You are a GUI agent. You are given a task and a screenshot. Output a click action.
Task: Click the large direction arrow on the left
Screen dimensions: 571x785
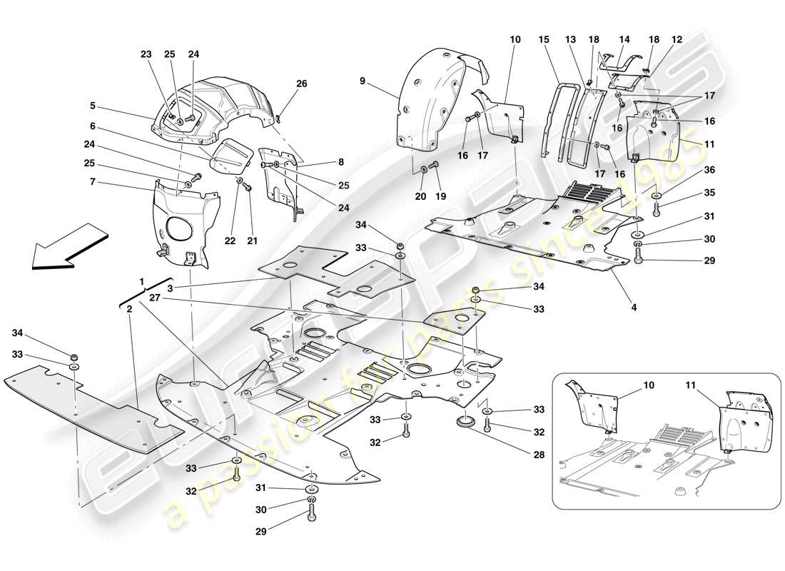[68, 246]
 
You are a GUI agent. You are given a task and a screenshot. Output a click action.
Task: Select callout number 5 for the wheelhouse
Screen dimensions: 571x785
[92, 106]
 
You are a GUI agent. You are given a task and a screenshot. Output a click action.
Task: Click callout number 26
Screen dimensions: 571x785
[302, 84]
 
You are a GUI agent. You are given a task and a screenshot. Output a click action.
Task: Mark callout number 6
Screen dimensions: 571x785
[92, 126]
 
